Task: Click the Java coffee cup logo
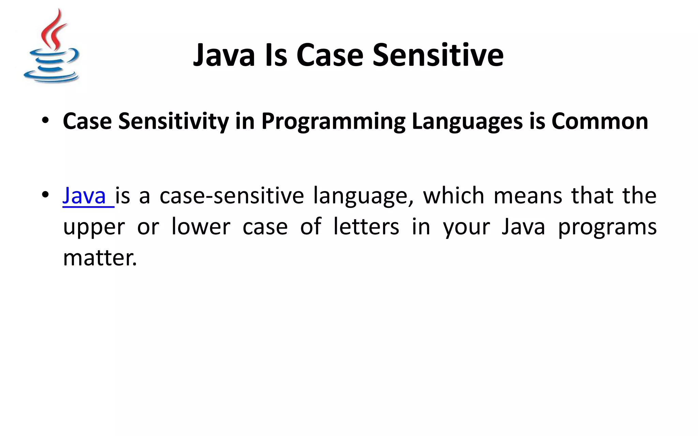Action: [51, 48]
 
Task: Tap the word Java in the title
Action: [224, 55]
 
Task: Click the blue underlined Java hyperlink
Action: [85, 196]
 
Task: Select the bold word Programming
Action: [333, 122]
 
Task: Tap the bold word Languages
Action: [467, 122]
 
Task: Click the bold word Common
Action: [600, 121]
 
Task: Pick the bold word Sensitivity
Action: [173, 122]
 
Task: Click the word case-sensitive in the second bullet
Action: [231, 196]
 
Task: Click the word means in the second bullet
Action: [528, 196]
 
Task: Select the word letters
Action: [366, 227]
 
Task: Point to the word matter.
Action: [100, 258]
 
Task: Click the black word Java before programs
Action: [523, 227]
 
